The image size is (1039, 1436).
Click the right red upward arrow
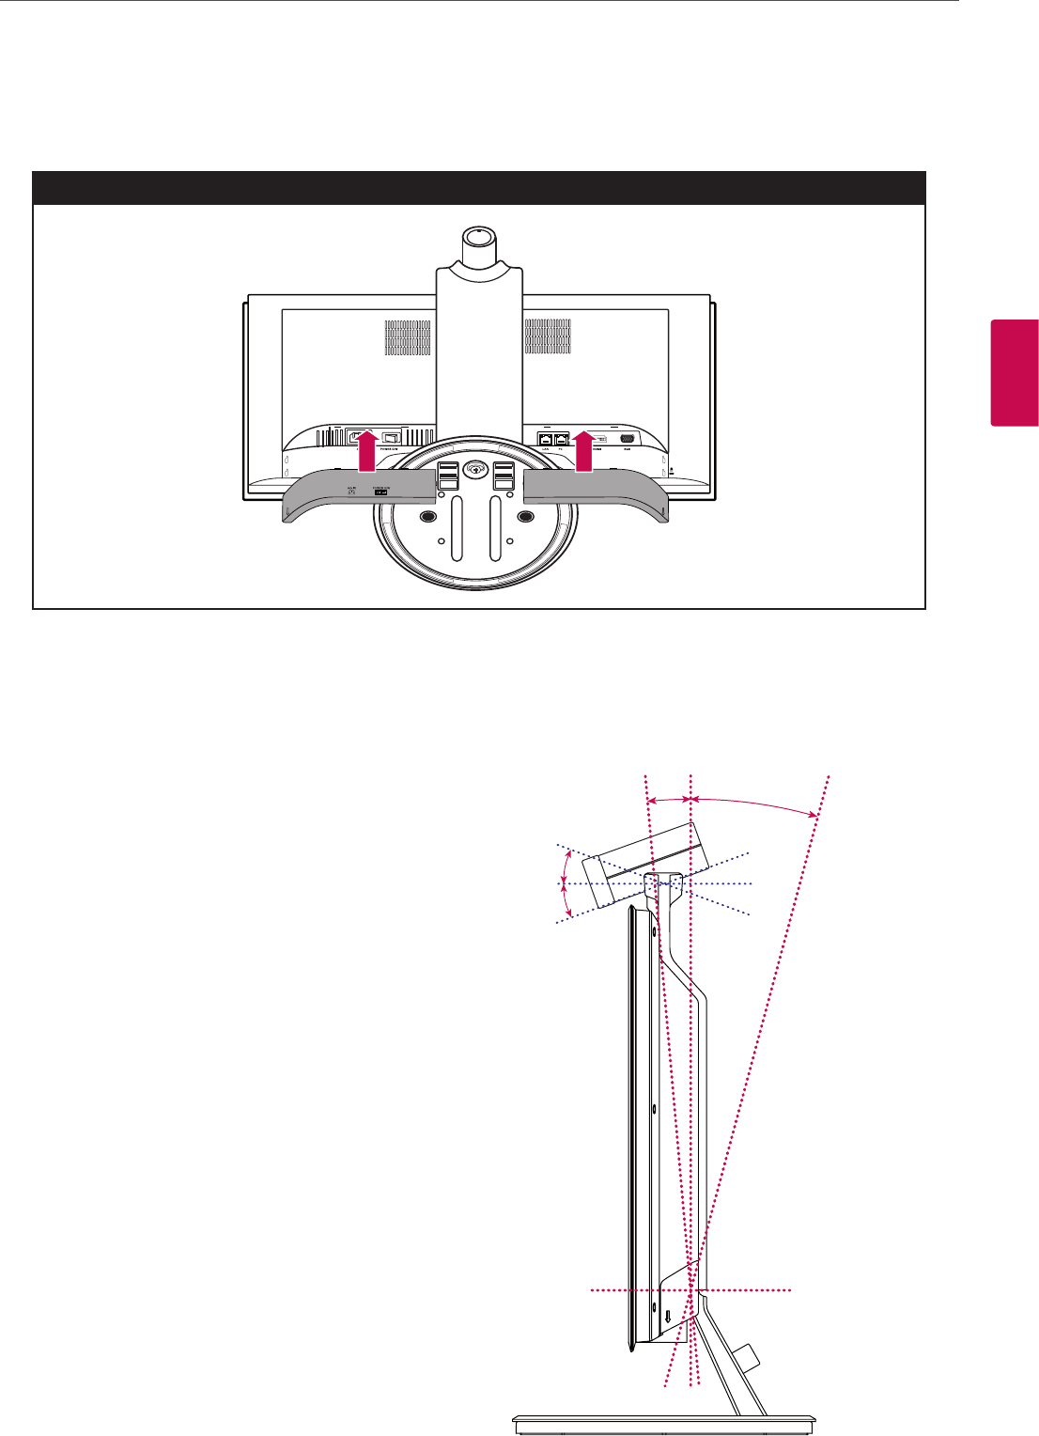point(584,451)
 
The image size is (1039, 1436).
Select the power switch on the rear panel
point(392,437)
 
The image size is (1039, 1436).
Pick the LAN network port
point(545,438)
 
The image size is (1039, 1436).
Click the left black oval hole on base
point(428,516)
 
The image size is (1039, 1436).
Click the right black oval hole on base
point(525,516)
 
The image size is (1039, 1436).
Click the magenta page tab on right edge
point(1014,372)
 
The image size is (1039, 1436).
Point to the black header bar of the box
point(479,188)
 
